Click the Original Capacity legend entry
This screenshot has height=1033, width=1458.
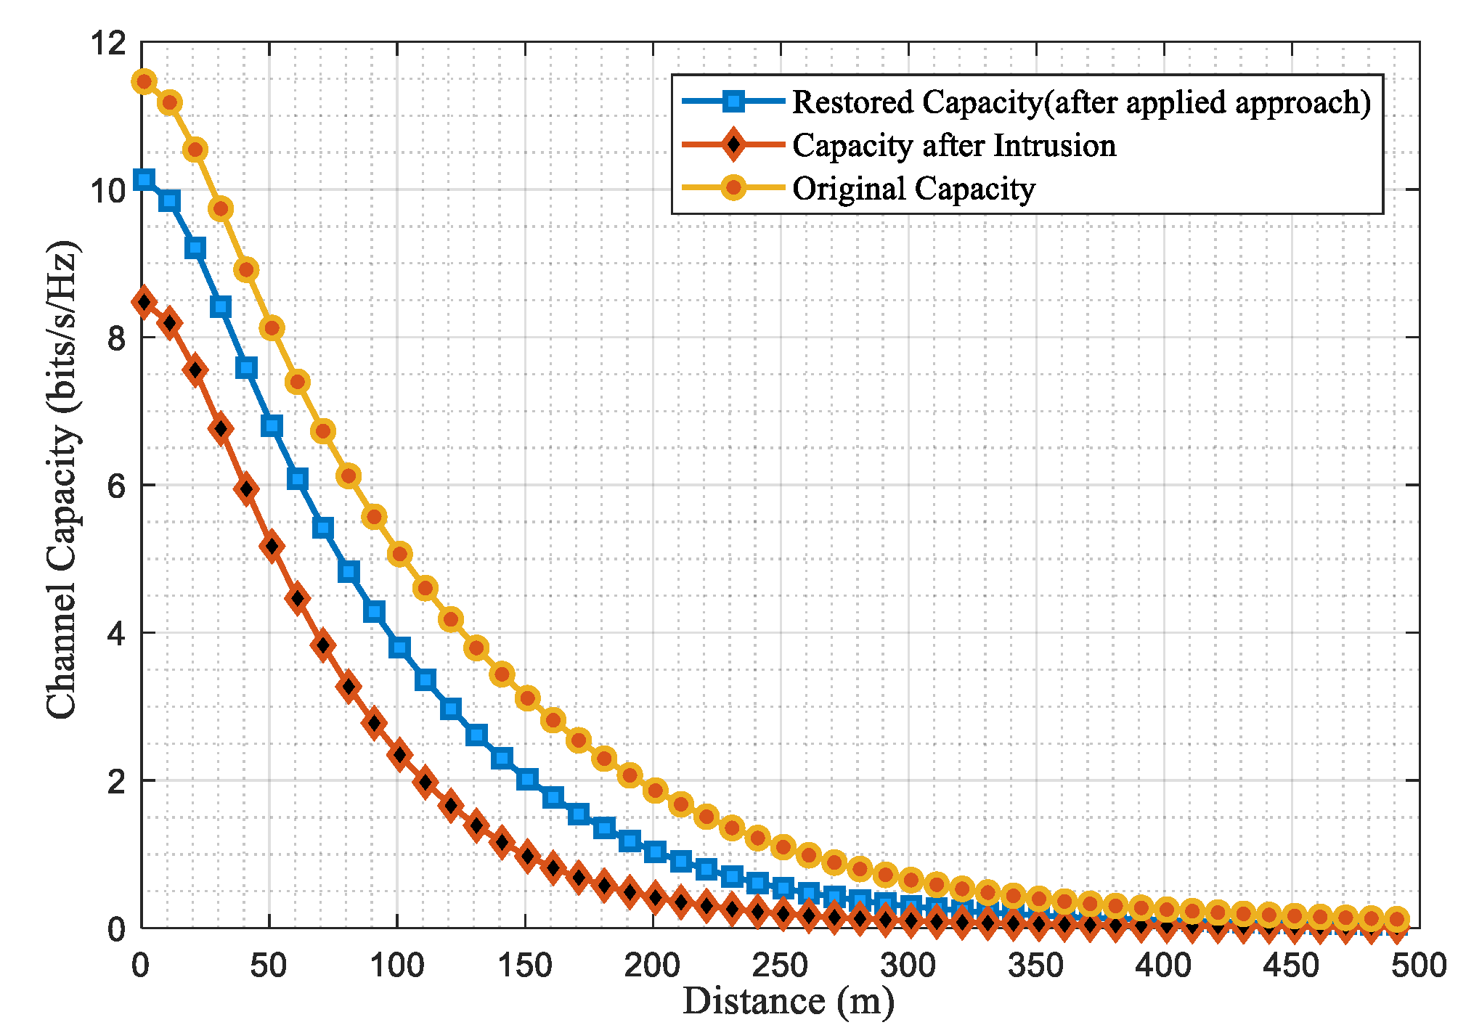(x=913, y=189)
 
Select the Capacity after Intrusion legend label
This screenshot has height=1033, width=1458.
(x=953, y=145)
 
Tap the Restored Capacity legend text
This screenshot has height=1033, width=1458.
(x=1081, y=102)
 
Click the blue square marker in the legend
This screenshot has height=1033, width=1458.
(x=734, y=102)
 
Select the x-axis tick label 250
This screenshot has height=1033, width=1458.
(x=781, y=966)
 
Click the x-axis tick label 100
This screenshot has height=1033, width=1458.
(x=396, y=966)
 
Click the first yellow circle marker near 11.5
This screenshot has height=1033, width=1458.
(x=144, y=81)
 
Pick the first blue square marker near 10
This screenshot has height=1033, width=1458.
(x=144, y=179)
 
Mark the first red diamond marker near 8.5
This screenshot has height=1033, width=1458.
(x=144, y=302)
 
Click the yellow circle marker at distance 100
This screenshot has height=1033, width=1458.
(x=399, y=554)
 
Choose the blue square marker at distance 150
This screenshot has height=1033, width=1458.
(x=528, y=780)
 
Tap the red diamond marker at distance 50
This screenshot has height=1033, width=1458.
(x=272, y=546)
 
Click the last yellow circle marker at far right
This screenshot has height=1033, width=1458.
(x=1396, y=919)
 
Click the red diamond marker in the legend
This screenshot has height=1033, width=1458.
(x=734, y=145)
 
